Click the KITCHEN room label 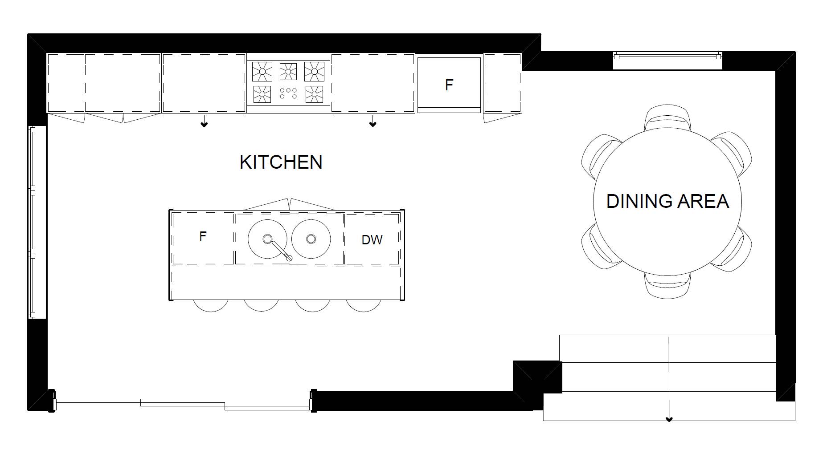click(x=281, y=162)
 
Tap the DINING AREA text click(x=667, y=201)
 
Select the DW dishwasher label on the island click(x=372, y=240)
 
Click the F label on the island click(x=203, y=236)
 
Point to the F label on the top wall click(x=449, y=85)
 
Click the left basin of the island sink click(x=267, y=239)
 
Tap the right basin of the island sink click(x=311, y=239)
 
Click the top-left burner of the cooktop click(x=262, y=71)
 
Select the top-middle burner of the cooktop click(x=288, y=71)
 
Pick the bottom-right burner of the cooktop click(x=314, y=94)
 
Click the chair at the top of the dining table click(x=667, y=117)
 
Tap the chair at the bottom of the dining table click(x=667, y=286)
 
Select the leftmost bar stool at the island click(x=210, y=305)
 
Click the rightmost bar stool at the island click(x=364, y=305)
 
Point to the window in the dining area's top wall click(x=667, y=56)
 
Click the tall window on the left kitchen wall click(x=32, y=222)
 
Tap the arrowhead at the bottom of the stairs click(x=668, y=419)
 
